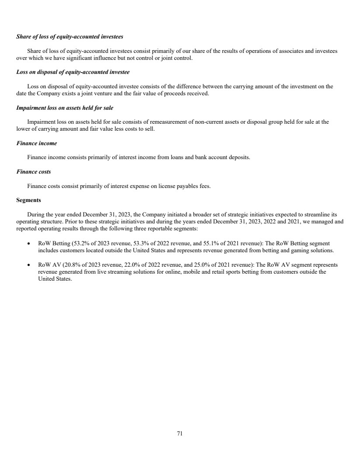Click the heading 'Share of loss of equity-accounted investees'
click(69, 36)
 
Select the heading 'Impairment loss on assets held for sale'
click(65, 107)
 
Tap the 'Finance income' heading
click(37, 143)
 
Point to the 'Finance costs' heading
click(34, 172)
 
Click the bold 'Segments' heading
click(29, 200)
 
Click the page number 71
click(180, 433)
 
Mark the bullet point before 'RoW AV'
click(28, 265)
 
